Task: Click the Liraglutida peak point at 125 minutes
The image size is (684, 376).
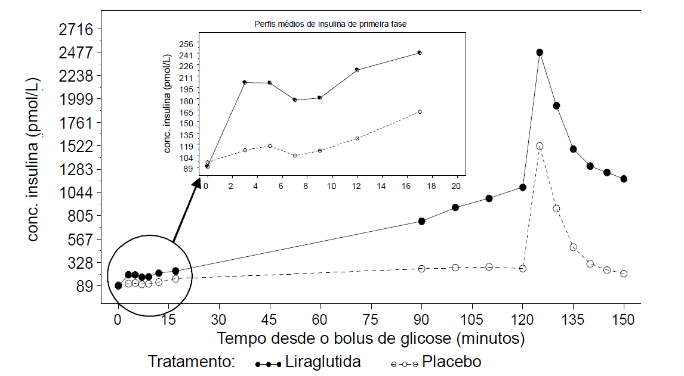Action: click(x=540, y=52)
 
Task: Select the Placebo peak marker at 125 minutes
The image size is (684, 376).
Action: click(x=540, y=146)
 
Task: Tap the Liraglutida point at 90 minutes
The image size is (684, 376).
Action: click(x=422, y=221)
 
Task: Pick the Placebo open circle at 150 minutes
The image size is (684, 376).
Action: click(x=624, y=274)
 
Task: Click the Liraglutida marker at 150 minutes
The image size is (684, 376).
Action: click(x=624, y=179)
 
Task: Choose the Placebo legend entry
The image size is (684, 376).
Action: click(x=436, y=362)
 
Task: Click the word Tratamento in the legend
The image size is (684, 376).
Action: click(x=191, y=362)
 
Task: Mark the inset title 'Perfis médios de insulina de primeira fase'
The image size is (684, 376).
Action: click(x=331, y=24)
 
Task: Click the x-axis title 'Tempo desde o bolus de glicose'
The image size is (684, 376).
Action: click(x=371, y=338)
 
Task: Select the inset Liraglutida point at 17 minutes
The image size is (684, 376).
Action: click(x=420, y=52)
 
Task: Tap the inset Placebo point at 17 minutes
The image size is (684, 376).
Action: click(x=420, y=111)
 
